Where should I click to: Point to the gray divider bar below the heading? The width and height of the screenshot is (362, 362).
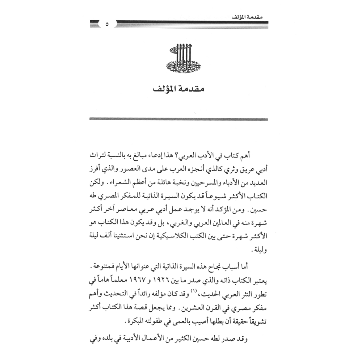[x=178, y=119]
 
